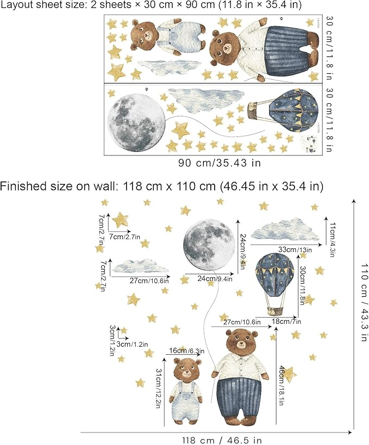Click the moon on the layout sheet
136,119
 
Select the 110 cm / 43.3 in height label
364,303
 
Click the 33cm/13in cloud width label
295,249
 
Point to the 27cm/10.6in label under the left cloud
148,280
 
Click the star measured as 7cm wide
120,220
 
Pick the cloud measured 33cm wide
286,230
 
